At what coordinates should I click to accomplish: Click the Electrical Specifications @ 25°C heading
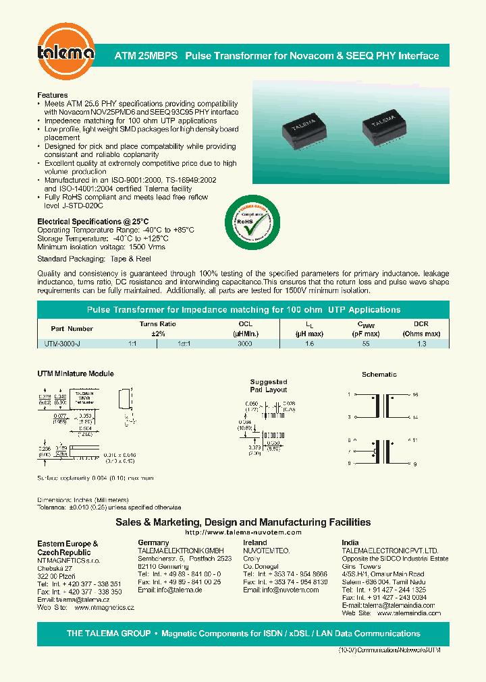[x=92, y=221]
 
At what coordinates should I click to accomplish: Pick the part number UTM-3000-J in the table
[x=60, y=344]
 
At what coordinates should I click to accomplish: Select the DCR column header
[x=421, y=324]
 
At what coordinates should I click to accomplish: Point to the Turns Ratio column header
[x=157, y=324]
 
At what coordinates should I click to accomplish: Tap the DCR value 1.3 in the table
[x=421, y=344]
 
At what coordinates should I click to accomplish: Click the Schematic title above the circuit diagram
[x=379, y=374]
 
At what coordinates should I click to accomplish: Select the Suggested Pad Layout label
[x=269, y=385]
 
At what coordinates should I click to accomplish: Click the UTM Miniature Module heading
[x=75, y=373]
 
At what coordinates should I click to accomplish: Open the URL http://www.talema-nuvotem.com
[x=243, y=532]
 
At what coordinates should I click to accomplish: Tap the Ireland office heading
[x=254, y=542]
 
